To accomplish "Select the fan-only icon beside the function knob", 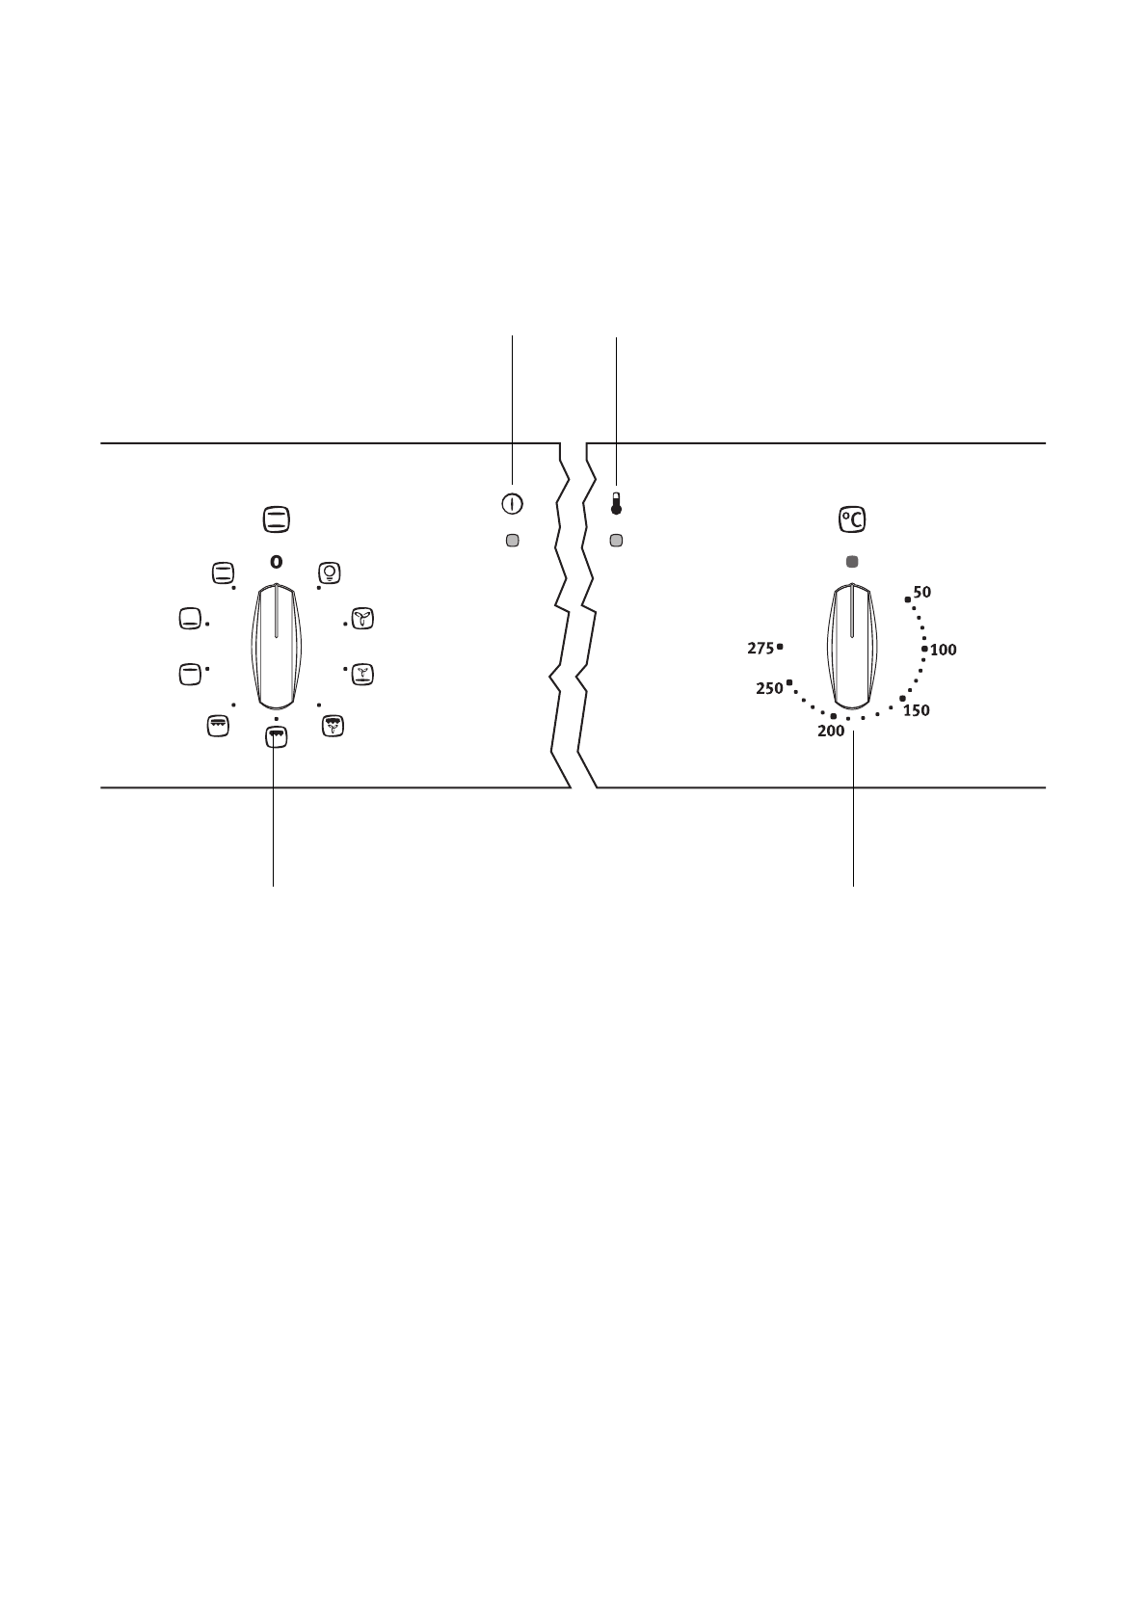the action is pyautogui.click(x=361, y=619).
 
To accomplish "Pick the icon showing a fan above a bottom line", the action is pyautogui.click(x=361, y=673).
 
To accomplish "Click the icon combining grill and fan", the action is pyautogui.click(x=333, y=726).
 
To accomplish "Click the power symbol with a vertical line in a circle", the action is pyautogui.click(x=512, y=503).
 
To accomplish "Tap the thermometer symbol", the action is pyautogui.click(x=616, y=503).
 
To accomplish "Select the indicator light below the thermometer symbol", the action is pyautogui.click(x=616, y=541).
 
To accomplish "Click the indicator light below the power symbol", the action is pyautogui.click(x=512, y=541).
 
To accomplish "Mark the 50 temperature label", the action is pyautogui.click(x=922, y=593).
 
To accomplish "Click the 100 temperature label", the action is pyautogui.click(x=944, y=651).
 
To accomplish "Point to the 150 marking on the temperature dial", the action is pyautogui.click(x=916, y=711).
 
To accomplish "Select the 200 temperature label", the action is pyautogui.click(x=831, y=732).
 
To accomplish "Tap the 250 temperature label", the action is pyautogui.click(x=769, y=689).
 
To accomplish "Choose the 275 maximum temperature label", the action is pyautogui.click(x=760, y=649).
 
